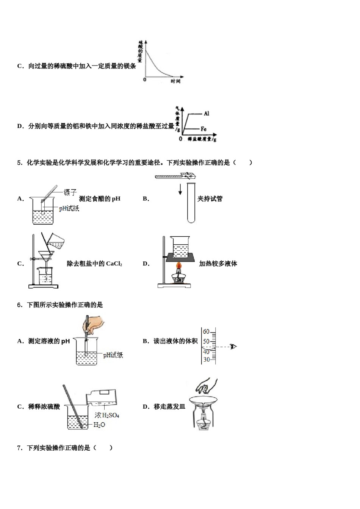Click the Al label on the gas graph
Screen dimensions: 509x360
coord(206,113)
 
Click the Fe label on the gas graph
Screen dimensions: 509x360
coord(203,129)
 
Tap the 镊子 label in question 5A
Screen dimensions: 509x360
coord(70,192)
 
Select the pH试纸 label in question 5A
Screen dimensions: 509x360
coord(69,208)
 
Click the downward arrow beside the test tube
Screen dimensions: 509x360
coord(180,189)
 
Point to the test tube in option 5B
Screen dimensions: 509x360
coord(191,203)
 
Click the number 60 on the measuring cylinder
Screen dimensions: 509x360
coord(206,332)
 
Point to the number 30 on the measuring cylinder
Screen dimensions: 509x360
coord(206,359)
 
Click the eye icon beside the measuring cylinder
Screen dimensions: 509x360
coord(233,346)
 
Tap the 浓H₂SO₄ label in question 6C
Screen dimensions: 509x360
coord(107,415)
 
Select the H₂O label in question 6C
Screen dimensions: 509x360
coord(99,425)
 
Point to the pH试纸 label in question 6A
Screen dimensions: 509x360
coord(113,355)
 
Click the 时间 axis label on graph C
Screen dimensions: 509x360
coord(175,81)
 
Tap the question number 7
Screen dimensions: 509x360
coord(20,448)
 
